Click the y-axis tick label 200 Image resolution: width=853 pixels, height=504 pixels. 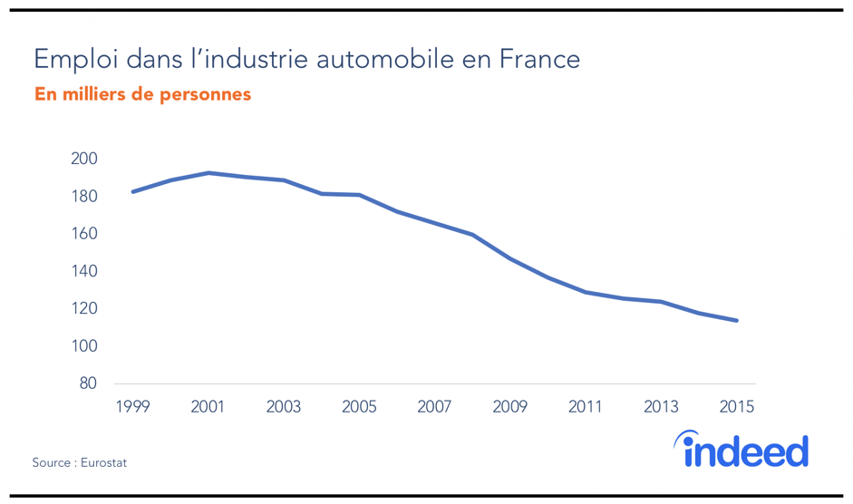point(83,160)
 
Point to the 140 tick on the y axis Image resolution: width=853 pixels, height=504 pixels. point(83,272)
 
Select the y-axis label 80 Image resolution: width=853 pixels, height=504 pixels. point(88,384)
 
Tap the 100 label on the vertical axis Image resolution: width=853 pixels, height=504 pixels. point(83,347)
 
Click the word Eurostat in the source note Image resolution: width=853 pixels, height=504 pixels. point(103,463)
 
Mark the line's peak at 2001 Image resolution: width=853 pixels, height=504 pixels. point(208,172)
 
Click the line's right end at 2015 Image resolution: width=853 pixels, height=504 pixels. point(737,320)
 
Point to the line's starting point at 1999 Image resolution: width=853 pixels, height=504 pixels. point(132,192)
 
